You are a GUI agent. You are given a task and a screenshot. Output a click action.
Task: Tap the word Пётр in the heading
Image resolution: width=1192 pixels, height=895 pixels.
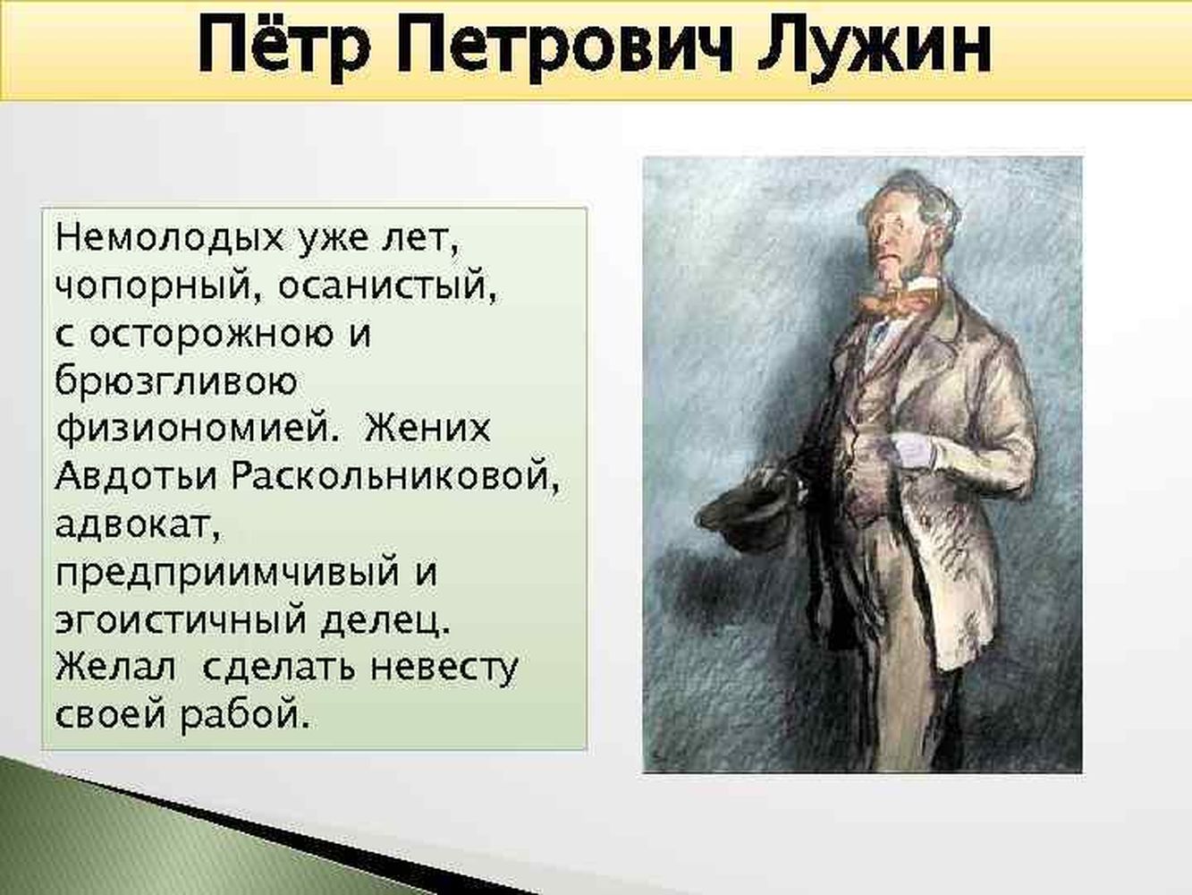click(x=284, y=44)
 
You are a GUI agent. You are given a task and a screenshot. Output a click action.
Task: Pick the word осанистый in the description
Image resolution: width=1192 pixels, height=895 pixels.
click(x=387, y=286)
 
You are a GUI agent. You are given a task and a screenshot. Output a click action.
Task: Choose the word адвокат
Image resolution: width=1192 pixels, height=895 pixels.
click(x=138, y=524)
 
